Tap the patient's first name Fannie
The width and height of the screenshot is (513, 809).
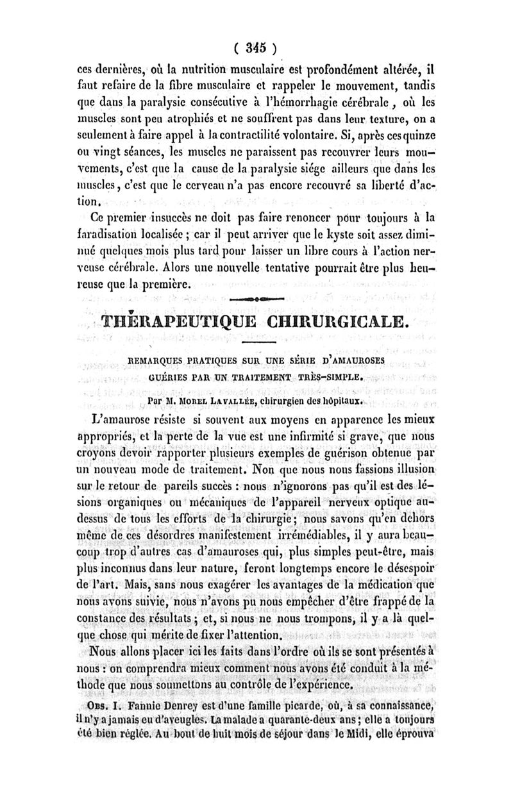click(128, 705)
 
